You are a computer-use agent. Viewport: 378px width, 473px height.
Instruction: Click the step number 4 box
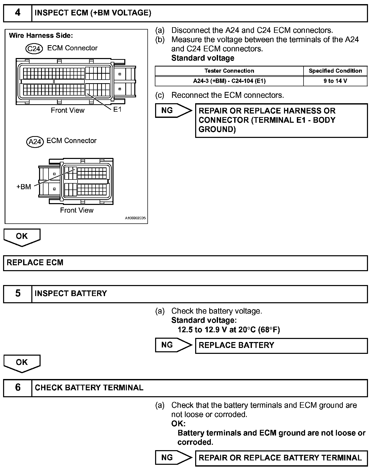(17, 13)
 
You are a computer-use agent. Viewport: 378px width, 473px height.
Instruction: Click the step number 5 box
(17, 294)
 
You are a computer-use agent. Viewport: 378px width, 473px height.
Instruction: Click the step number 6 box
(17, 387)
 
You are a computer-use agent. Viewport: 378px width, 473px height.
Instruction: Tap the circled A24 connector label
(35, 141)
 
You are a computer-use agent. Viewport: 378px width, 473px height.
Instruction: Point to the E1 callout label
(117, 110)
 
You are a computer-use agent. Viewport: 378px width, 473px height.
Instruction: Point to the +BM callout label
(24, 187)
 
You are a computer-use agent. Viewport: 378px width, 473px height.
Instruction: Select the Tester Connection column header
(229, 71)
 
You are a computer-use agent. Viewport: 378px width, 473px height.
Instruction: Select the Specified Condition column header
(335, 71)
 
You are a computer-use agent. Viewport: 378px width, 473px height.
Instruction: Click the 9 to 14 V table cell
(335, 81)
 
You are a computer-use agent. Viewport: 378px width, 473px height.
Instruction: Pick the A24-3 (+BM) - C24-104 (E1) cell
(229, 81)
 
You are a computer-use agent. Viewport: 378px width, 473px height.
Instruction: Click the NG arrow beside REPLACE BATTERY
(173, 345)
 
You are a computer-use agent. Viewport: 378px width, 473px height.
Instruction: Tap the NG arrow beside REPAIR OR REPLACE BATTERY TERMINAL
(173, 457)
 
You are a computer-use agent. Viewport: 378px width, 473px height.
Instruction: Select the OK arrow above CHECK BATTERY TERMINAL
(22, 363)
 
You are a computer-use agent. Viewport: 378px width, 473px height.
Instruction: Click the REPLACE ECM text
(35, 263)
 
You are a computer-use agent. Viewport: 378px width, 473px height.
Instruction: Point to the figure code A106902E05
(135, 218)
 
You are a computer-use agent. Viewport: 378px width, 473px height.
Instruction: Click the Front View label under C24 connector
(68, 110)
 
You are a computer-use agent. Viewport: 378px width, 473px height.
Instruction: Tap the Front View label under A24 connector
(77, 210)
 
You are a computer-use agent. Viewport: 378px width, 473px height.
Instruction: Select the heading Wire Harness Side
(41, 35)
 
